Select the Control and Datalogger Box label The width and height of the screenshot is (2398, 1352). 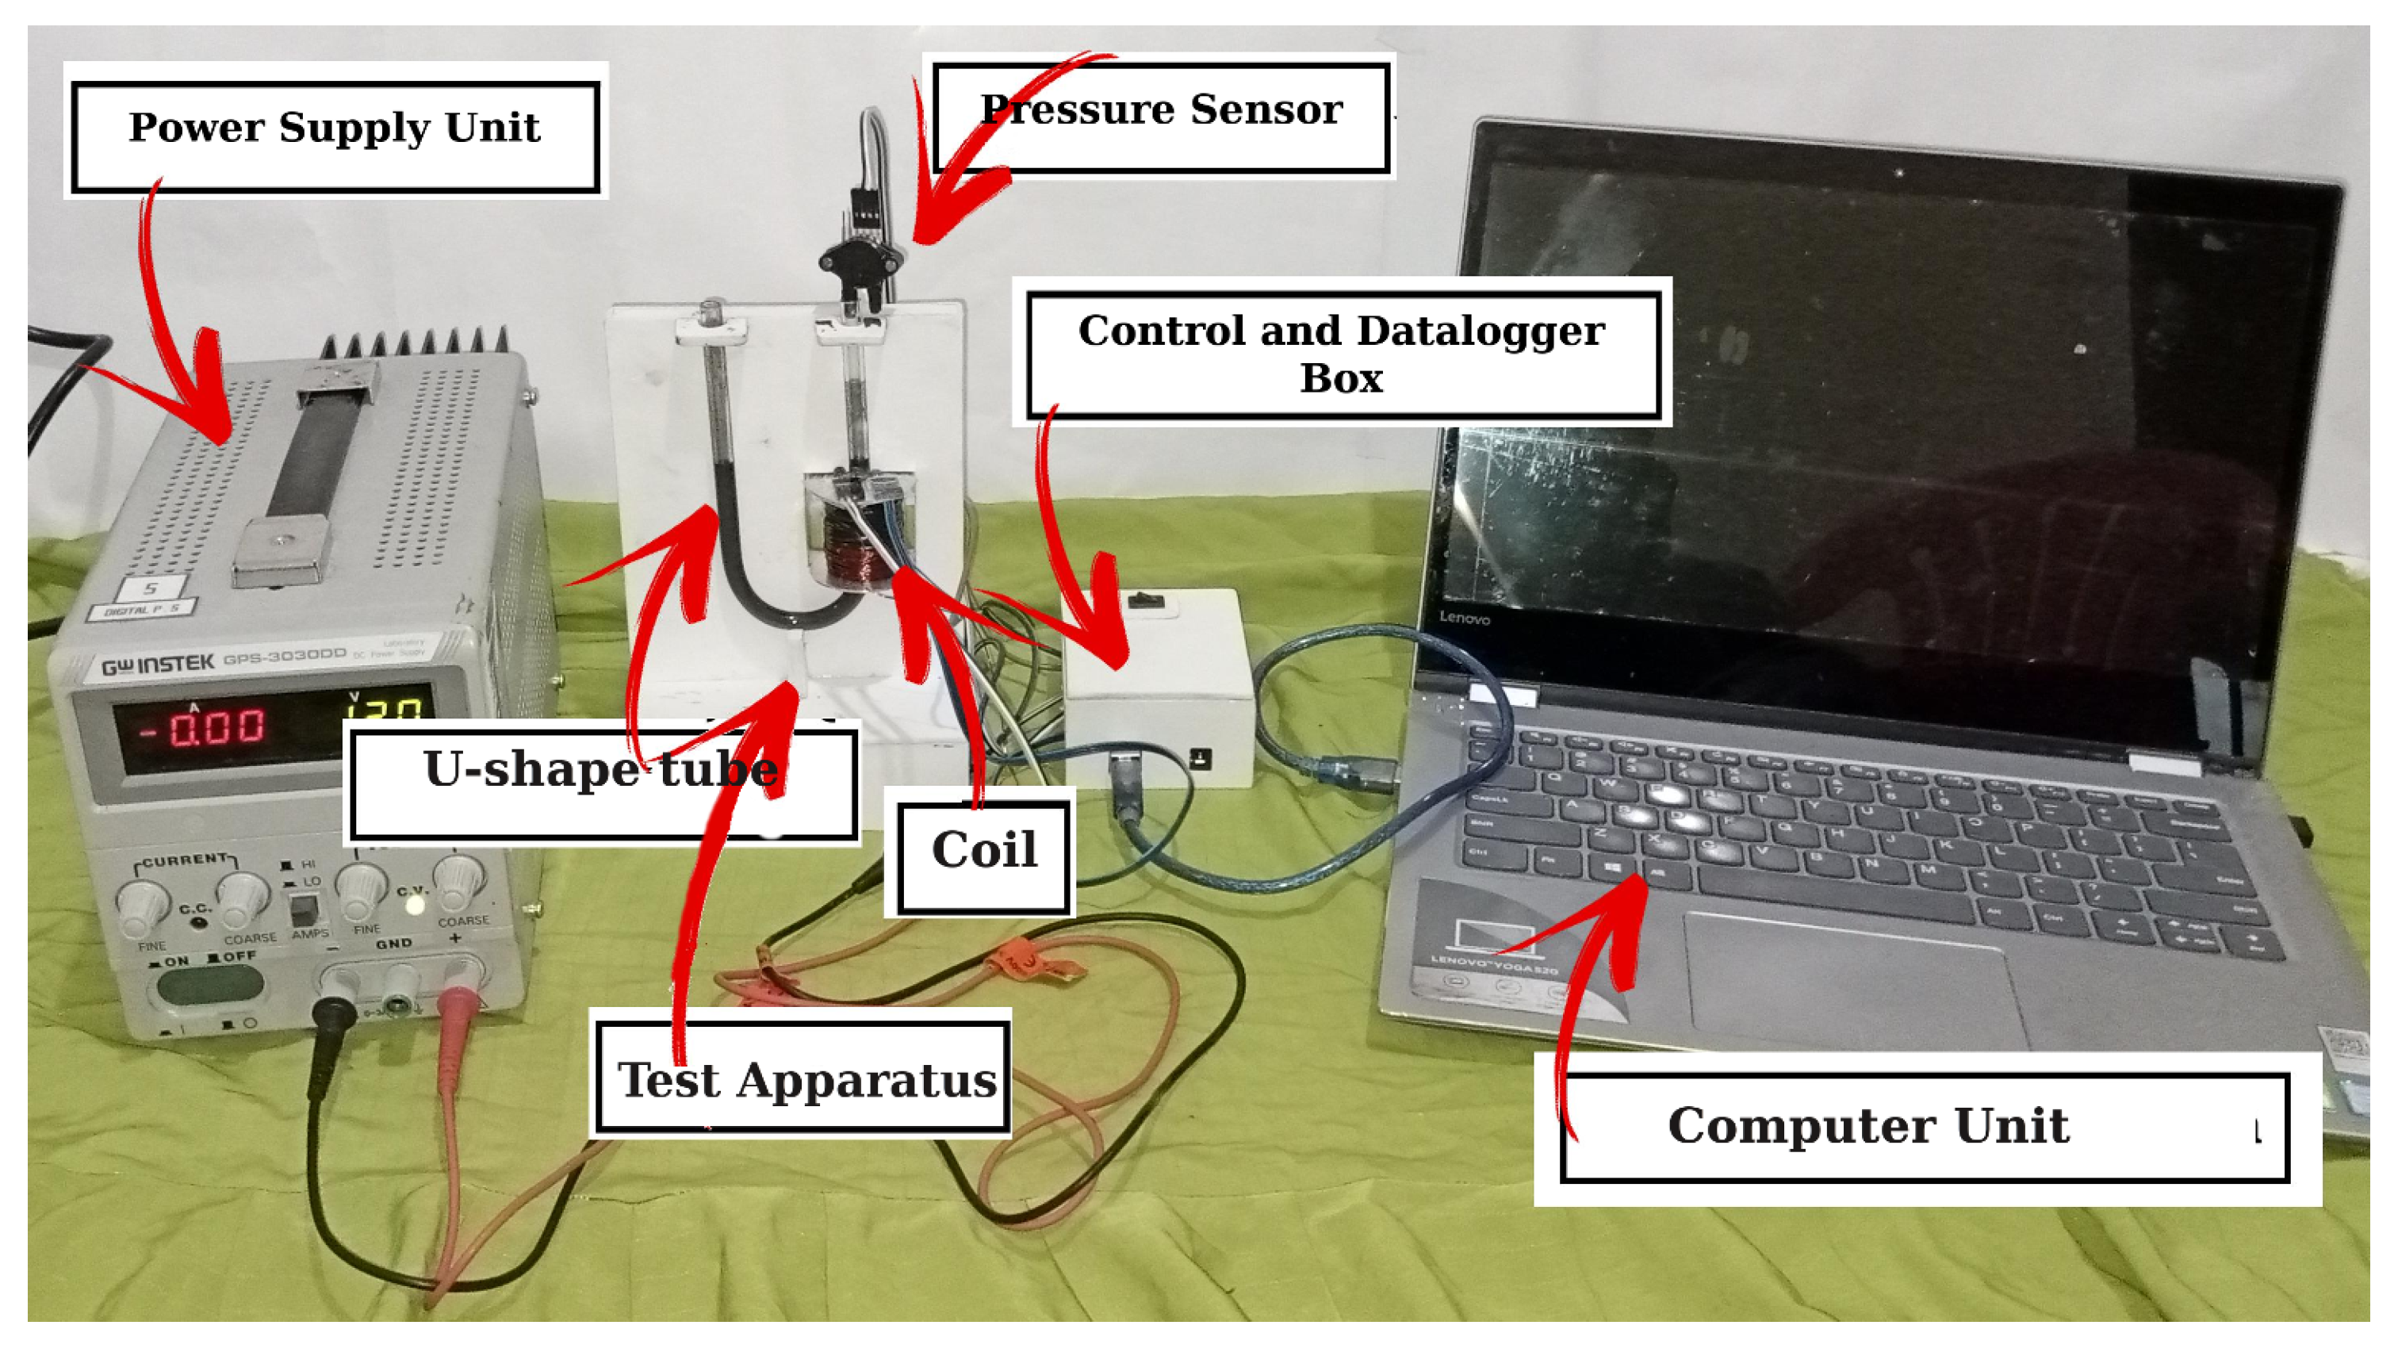point(1343,354)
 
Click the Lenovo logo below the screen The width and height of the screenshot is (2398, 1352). point(1465,618)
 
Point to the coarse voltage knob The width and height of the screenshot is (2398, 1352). point(459,882)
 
